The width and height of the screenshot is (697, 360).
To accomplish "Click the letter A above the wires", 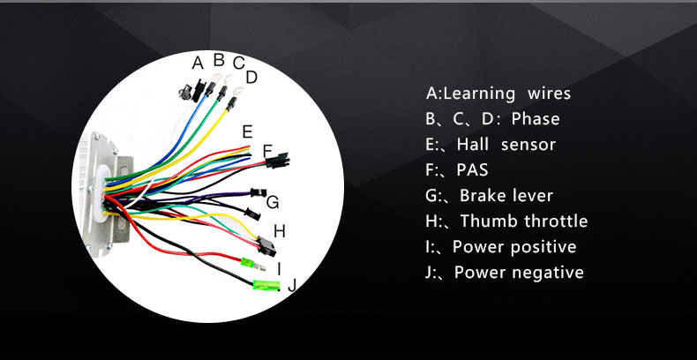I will click(198, 62).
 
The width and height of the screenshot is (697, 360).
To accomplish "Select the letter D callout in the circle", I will click(251, 78).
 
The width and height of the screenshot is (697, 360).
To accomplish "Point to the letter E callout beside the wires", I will click(247, 131).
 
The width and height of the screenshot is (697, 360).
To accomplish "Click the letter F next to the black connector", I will click(267, 151).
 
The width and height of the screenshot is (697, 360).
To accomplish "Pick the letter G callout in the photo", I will click(273, 202).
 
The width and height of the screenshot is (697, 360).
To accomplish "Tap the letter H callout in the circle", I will click(280, 231).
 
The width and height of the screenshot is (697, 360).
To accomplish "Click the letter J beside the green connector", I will click(292, 284).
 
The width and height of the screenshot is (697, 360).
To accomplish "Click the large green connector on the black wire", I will click(266, 284).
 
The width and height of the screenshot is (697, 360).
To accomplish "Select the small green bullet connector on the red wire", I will click(251, 263).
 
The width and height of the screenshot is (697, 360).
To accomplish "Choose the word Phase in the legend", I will click(536, 119).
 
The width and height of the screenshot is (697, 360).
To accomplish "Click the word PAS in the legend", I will click(472, 170).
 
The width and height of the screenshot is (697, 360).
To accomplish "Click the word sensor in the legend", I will click(528, 145).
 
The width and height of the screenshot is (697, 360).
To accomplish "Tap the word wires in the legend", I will click(550, 94).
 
